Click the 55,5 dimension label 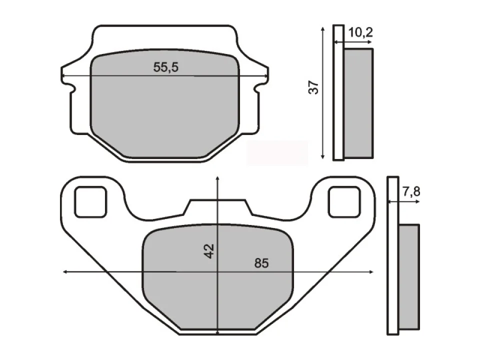(165, 67)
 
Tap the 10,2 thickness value (360, 32)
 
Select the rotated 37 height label (313, 87)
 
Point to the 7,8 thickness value (411, 191)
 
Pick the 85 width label (261, 263)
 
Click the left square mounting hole (91, 202)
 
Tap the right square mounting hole (344, 202)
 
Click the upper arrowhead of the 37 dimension (322, 29)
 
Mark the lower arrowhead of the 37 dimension (322, 156)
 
